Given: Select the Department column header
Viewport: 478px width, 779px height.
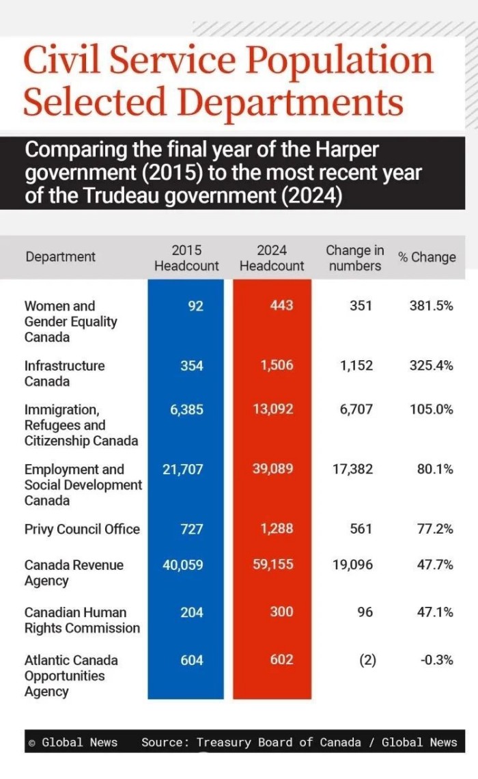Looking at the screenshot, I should [61, 257].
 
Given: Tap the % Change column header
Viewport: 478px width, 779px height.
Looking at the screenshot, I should [427, 257].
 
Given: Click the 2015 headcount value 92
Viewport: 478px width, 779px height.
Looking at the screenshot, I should [195, 305].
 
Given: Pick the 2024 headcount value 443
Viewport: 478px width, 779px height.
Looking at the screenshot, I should [281, 305].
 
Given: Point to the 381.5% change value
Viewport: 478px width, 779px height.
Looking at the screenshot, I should [435, 305].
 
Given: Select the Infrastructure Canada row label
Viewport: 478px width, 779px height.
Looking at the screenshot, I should [64, 373].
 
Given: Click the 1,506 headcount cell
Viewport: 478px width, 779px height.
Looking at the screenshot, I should [277, 366].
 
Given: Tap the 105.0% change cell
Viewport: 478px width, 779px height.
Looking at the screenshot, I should [435, 409].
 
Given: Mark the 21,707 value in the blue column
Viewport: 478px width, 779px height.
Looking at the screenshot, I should [183, 469].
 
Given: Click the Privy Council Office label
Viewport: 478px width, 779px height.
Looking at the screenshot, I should [82, 529].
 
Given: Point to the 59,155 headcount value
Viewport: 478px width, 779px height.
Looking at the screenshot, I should [273, 565].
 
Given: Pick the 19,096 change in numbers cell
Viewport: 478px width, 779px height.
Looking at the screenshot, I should [352, 565].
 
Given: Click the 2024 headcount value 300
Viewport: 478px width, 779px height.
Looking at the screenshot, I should [281, 612].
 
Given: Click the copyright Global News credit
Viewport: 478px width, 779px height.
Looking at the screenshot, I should [73, 742].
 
